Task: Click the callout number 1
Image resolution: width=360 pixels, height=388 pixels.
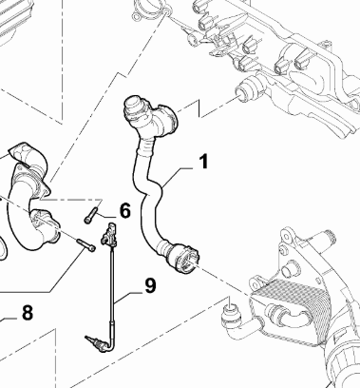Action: pyautogui.click(x=204, y=161)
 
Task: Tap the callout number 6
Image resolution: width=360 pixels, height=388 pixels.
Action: pyautogui.click(x=125, y=211)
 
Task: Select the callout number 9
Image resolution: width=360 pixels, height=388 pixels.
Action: pyautogui.click(x=150, y=285)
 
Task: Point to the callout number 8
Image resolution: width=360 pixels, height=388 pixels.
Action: pyautogui.click(x=28, y=313)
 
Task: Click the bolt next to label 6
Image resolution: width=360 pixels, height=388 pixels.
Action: pyautogui.click(x=91, y=215)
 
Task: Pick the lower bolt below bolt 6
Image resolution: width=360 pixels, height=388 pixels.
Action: pyautogui.click(x=85, y=245)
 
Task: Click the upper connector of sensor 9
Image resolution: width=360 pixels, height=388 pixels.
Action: pyautogui.click(x=109, y=234)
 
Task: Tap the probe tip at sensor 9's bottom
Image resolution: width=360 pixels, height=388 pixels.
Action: pyautogui.click(x=94, y=343)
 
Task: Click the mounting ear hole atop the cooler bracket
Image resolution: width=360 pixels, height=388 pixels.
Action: pyautogui.click(x=285, y=236)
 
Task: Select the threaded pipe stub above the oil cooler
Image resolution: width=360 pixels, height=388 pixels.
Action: pyautogui.click(x=324, y=241)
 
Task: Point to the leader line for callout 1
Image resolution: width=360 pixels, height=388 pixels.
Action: pyautogui.click(x=178, y=174)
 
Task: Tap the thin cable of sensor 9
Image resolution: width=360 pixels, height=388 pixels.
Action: pyautogui.click(x=112, y=285)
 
